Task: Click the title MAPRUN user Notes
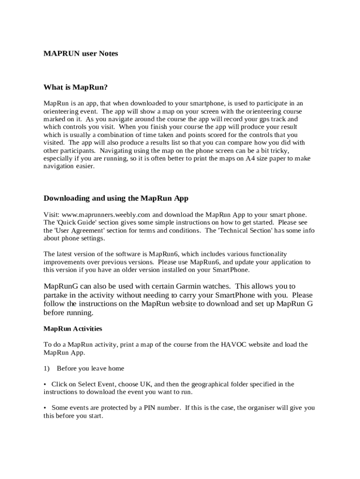(80, 54)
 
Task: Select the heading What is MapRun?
(76, 87)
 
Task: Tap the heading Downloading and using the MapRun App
(116, 198)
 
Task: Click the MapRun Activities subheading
(72, 329)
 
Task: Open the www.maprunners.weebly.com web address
(100, 214)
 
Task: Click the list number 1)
(46, 369)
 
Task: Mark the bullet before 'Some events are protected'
(45, 408)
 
